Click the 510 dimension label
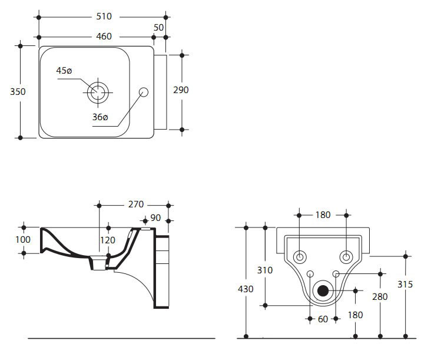pyautogui.click(x=102, y=16)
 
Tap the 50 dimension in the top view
pyautogui.click(x=158, y=28)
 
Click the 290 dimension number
pyautogui.click(x=180, y=90)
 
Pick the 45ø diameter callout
pyautogui.click(x=64, y=70)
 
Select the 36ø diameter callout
pyautogui.click(x=100, y=117)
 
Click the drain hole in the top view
pyautogui.click(x=98, y=91)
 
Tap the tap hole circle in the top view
pyautogui.click(x=143, y=91)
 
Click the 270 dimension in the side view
pyautogui.click(x=136, y=205)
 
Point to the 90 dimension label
pyautogui.click(x=155, y=218)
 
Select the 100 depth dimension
pyautogui.click(x=22, y=240)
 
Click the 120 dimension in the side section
pyautogui.click(x=108, y=240)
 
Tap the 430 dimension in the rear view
pyautogui.click(x=246, y=289)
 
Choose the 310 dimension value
pyautogui.click(x=266, y=270)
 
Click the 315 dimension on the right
pyautogui.click(x=405, y=284)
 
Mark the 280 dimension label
pyautogui.click(x=380, y=296)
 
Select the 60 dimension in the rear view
pyautogui.click(x=323, y=319)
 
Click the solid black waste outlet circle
pyautogui.click(x=323, y=290)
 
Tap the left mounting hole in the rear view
pyautogui.click(x=300, y=257)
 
